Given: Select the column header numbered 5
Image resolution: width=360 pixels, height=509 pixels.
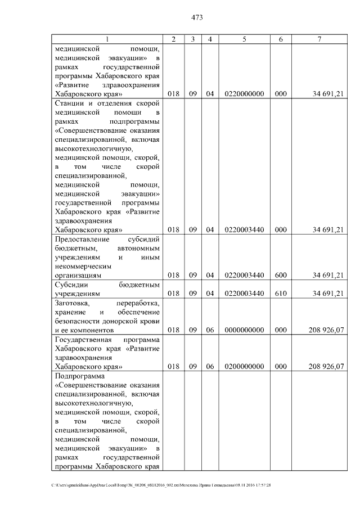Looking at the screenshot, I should click(244, 39).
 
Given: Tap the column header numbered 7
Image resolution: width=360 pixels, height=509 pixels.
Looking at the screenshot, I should click(319, 39).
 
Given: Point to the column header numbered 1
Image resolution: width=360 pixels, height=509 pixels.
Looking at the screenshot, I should click(107, 39).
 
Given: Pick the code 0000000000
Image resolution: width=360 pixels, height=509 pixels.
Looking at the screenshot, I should click(244, 330).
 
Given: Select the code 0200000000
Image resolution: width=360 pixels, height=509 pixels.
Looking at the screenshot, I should click(244, 367).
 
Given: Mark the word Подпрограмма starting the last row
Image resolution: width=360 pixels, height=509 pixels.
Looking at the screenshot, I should click(80, 376).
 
